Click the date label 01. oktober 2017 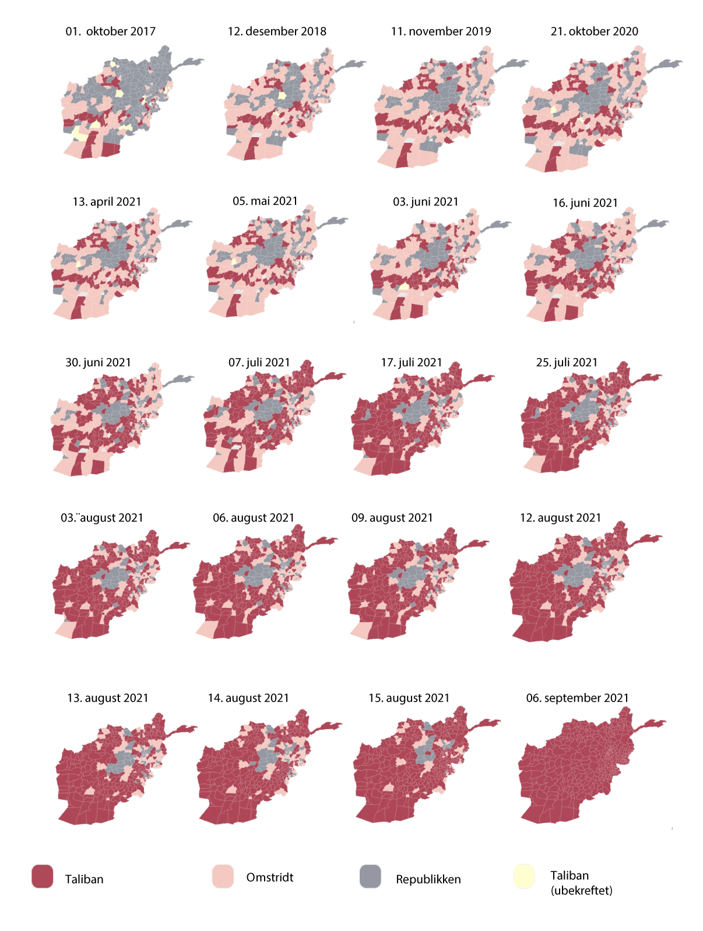click(x=110, y=32)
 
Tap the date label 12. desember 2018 click(x=277, y=32)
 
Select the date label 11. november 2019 click(x=441, y=32)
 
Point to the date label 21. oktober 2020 click(x=594, y=32)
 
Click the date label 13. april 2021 click(x=107, y=202)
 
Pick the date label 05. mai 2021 click(x=265, y=201)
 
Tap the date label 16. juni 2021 click(x=585, y=203)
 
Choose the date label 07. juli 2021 click(x=259, y=363)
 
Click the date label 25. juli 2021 click(x=567, y=363)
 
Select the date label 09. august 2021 click(x=392, y=518)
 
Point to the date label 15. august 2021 click(x=409, y=698)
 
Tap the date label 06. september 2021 click(x=577, y=698)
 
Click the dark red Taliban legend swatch click(x=43, y=877)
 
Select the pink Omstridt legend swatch click(x=223, y=877)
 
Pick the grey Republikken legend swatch click(x=370, y=877)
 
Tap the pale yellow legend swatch click(x=524, y=877)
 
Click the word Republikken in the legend click(x=428, y=880)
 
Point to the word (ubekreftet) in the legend click(x=581, y=891)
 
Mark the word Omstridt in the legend click(x=269, y=878)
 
